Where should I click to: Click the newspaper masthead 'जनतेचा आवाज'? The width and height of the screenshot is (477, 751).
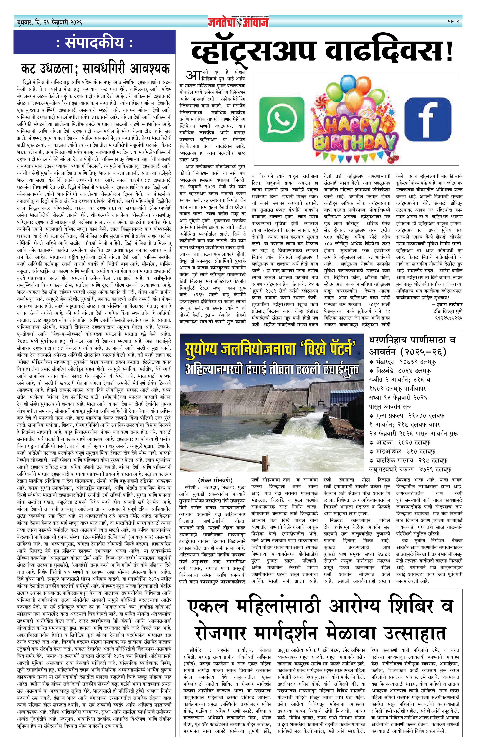(238, 21)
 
